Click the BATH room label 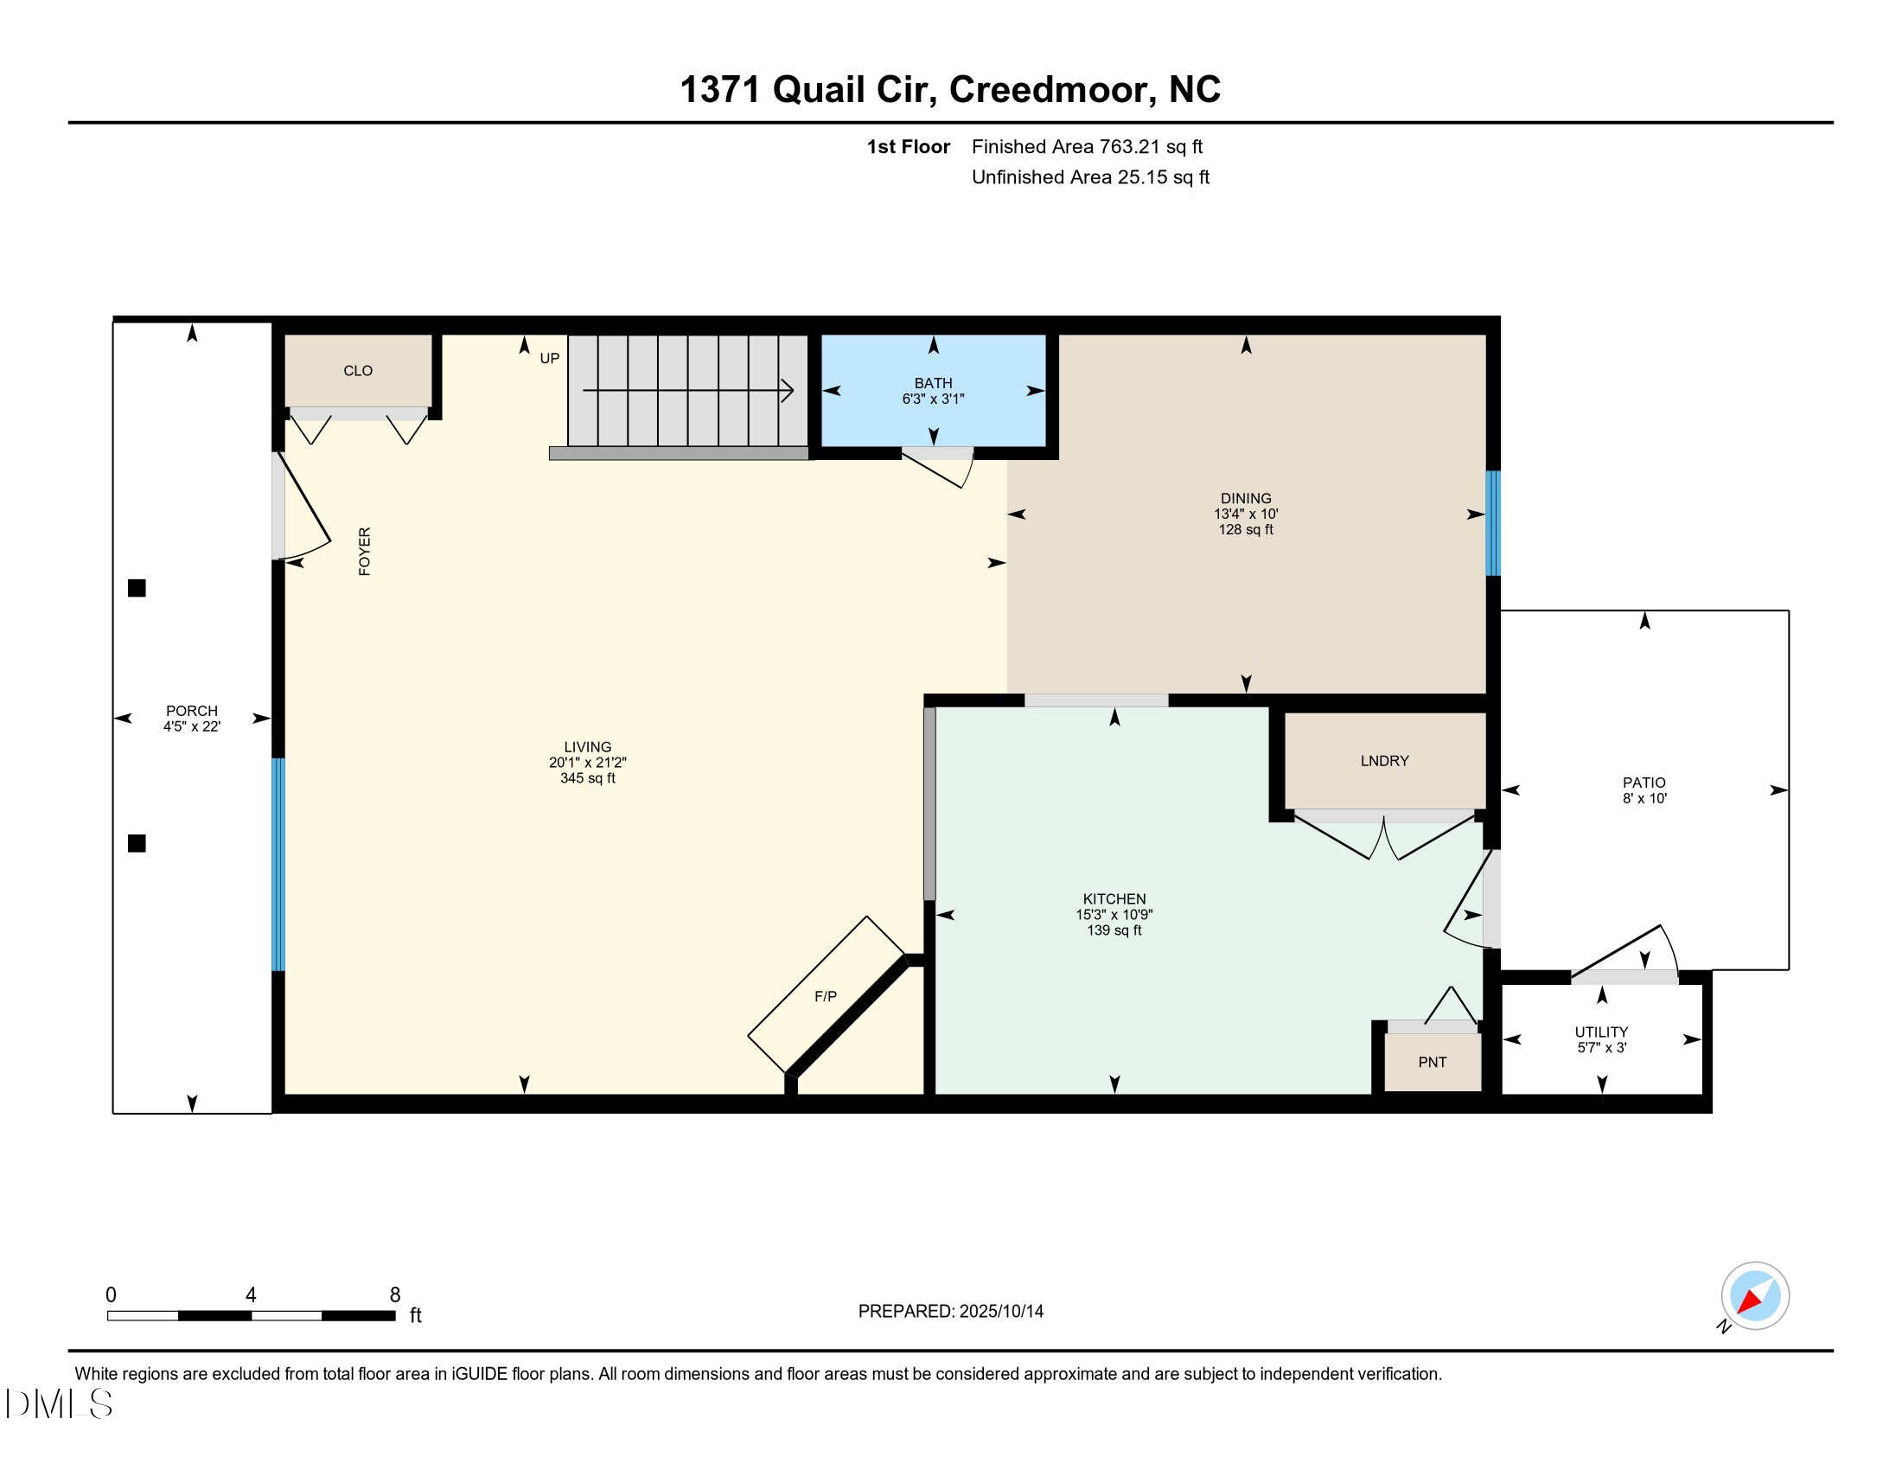tap(933, 383)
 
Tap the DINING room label tap(1245, 498)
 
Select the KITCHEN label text tap(1114, 898)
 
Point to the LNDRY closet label tap(1384, 761)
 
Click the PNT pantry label tap(1432, 1063)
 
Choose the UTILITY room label tap(1600, 1032)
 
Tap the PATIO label tap(1644, 783)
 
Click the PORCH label tap(192, 711)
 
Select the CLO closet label tap(358, 371)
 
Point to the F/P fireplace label tap(826, 996)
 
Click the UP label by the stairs tap(550, 359)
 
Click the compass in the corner tap(1754, 1296)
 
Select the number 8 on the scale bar tap(394, 1295)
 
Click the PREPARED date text tap(950, 1311)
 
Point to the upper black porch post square tap(137, 589)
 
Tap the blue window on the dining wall tap(1492, 523)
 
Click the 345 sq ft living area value tap(587, 777)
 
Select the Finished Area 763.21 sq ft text tap(1087, 147)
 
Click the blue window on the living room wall tap(278, 865)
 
